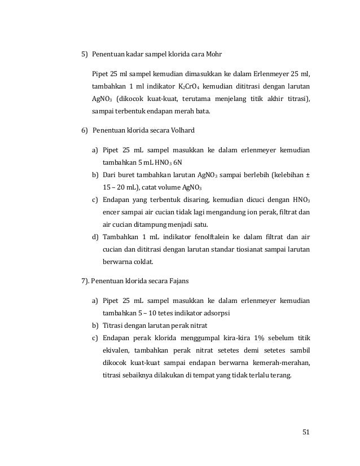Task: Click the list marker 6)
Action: click(x=86, y=131)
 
